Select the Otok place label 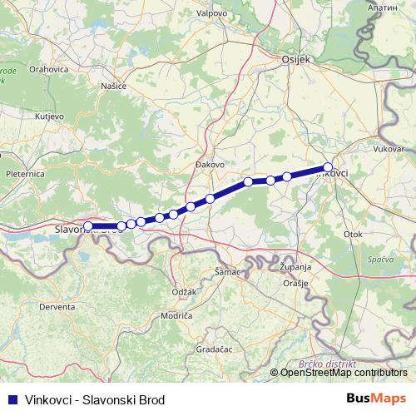click(x=353, y=234)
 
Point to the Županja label click(x=295, y=266)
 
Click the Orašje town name click(x=295, y=283)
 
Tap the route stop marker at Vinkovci click(x=328, y=166)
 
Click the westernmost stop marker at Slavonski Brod click(x=88, y=225)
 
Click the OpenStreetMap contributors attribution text click(x=344, y=372)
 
